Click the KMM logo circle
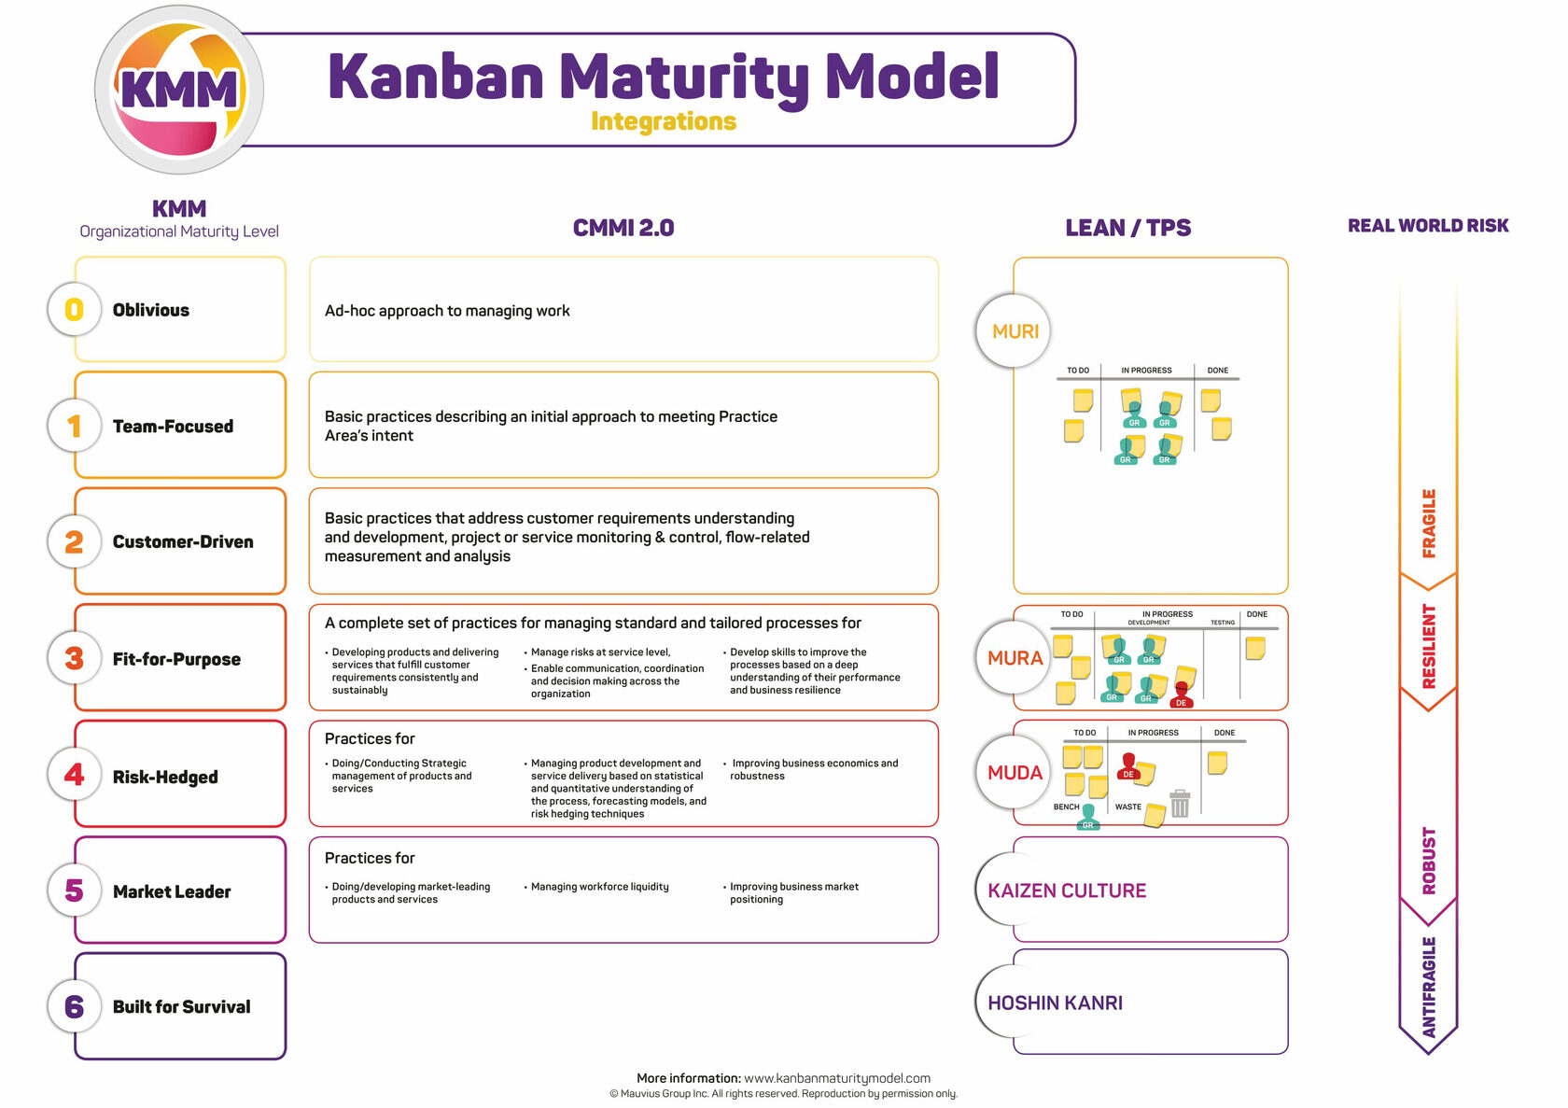pyautogui.click(x=178, y=90)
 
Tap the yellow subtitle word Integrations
pyautogui.click(x=664, y=121)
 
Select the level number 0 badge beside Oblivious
pyautogui.click(x=74, y=310)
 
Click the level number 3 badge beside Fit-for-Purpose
pyautogui.click(x=74, y=658)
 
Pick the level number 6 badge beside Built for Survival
pyautogui.click(x=74, y=1006)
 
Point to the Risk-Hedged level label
pyautogui.click(x=165, y=777)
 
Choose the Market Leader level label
pyautogui.click(x=172, y=891)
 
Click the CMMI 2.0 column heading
pyautogui.click(x=623, y=228)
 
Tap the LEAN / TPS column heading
pyautogui.click(x=1127, y=228)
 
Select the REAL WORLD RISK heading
pyautogui.click(x=1428, y=226)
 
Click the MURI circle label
pyautogui.click(x=1015, y=331)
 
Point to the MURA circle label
pyautogui.click(x=1015, y=658)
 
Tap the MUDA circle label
pyautogui.click(x=1015, y=773)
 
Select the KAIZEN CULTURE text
pyautogui.click(x=1067, y=891)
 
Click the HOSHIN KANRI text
pyautogui.click(x=1056, y=1003)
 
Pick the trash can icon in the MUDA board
pyautogui.click(x=1180, y=803)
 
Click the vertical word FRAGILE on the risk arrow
pyautogui.click(x=1429, y=523)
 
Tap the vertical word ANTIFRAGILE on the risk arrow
pyautogui.click(x=1429, y=987)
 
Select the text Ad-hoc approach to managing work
pyautogui.click(x=447, y=311)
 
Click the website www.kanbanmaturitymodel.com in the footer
pyautogui.click(x=837, y=1078)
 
